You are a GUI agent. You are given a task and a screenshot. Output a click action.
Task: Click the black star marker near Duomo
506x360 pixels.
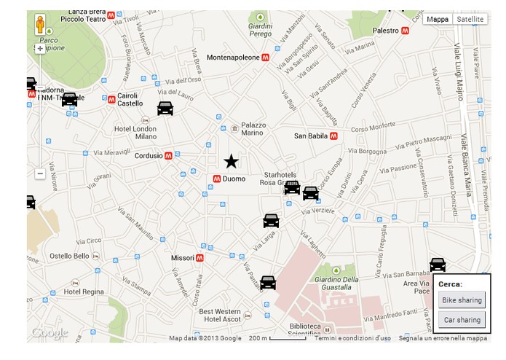pos(231,161)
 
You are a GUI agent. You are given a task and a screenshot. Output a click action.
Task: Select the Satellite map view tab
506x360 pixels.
pos(470,20)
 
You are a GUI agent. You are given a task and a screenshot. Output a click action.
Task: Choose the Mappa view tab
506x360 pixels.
pos(438,20)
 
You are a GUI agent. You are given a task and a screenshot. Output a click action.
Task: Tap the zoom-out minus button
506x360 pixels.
pos(40,174)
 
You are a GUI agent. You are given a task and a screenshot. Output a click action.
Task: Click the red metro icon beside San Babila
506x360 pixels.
pos(333,136)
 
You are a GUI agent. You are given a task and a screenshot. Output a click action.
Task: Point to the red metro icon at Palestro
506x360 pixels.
pos(405,31)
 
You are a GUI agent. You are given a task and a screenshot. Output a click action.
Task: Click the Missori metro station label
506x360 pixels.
pos(182,258)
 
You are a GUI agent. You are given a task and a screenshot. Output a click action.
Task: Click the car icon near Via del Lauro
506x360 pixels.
pos(165,109)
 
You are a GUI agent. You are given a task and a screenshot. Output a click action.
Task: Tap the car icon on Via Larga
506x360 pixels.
pos(271,221)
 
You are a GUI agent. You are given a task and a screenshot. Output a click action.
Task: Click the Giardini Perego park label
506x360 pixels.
pos(260,30)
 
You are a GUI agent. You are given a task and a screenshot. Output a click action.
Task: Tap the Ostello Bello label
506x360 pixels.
pos(69,256)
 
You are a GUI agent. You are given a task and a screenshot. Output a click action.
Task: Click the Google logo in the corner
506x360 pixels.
pos(50,333)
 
